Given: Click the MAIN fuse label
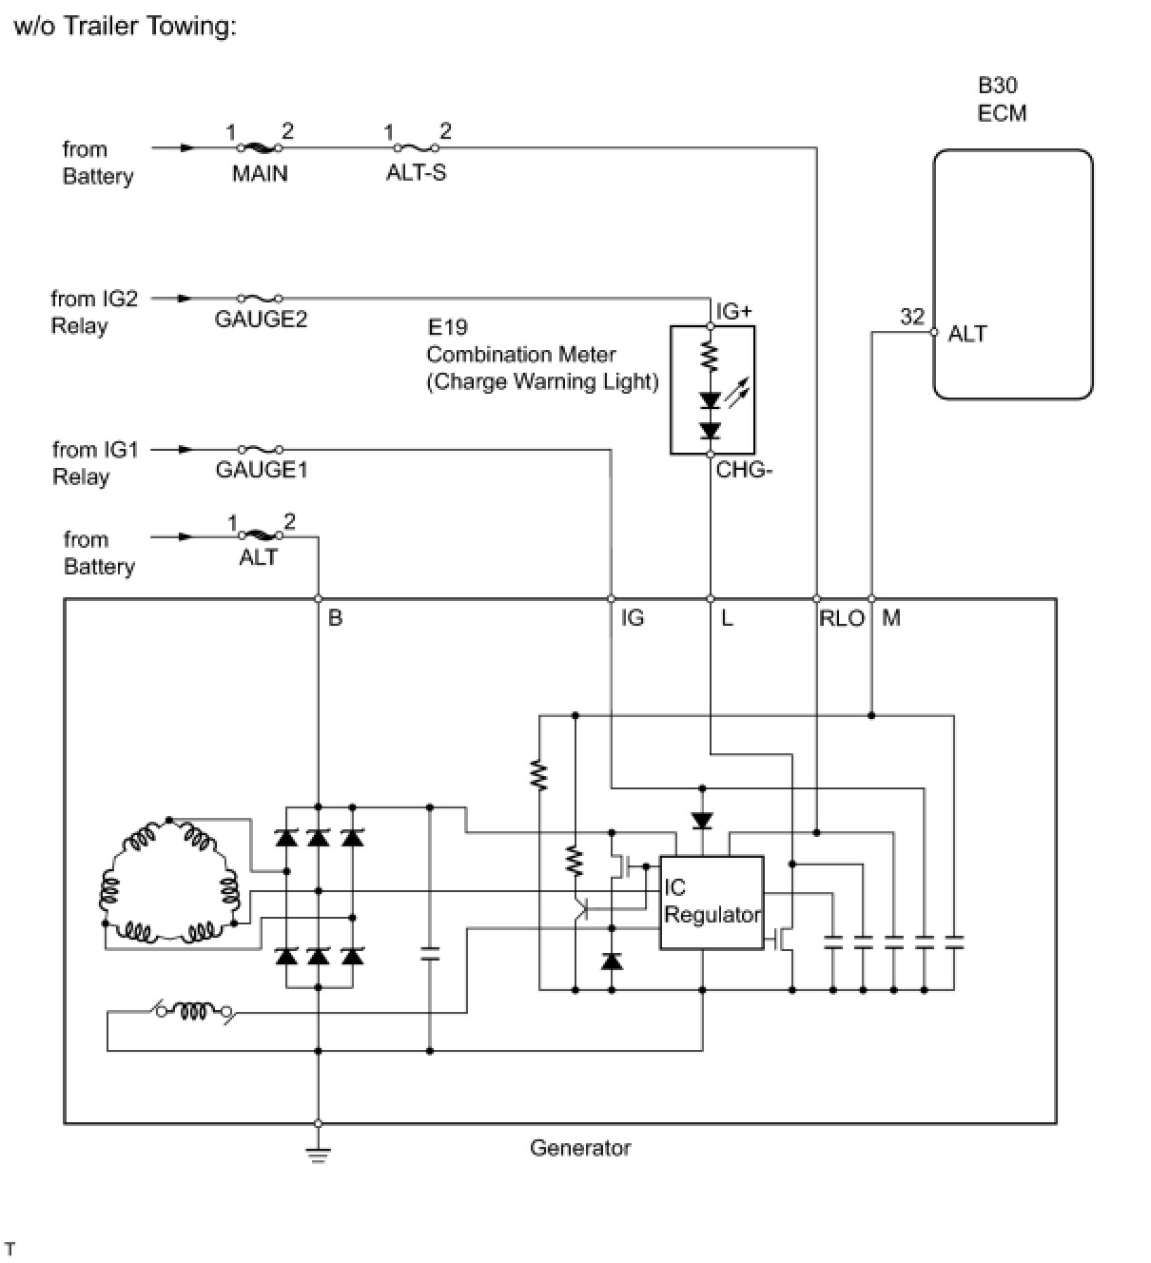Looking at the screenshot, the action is point(260,174).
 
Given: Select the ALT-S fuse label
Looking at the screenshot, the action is point(416,172).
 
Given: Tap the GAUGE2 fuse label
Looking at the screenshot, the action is point(261,320).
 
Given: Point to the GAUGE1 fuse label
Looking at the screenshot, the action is point(262,471).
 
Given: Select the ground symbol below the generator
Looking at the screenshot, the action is point(318,1154).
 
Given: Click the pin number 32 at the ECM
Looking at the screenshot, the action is point(912,316).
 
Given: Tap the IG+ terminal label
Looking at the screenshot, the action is point(734,311).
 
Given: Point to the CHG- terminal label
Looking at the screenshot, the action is point(744,470).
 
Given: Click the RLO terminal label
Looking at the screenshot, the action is point(842,618).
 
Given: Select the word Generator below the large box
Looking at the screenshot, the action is point(580,1148).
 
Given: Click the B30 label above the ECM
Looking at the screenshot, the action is point(997,85).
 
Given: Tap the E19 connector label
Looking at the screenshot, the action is point(447,327).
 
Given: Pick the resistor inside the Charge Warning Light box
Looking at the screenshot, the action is point(710,357).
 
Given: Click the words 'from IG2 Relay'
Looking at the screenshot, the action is point(94,312).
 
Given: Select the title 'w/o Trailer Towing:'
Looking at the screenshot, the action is point(126,27).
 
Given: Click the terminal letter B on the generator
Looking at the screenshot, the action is point(335,618).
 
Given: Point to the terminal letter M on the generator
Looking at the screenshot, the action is point(890,618).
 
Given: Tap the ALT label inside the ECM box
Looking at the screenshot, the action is point(967,334).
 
